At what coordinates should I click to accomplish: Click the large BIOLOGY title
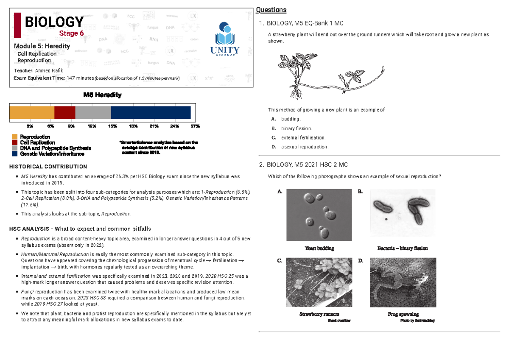pyautogui.click(x=54, y=22)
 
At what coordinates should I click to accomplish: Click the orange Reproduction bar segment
pyautogui.click(x=32, y=112)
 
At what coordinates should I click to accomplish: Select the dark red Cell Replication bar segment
pyautogui.click(x=65, y=112)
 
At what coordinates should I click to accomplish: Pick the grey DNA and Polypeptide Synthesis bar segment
pyautogui.click(x=93, y=112)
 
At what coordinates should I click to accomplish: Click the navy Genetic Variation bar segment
pyautogui.click(x=151, y=112)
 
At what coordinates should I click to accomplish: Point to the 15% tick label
pyautogui.click(x=112, y=126)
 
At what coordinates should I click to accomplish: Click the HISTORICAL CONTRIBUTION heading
pyautogui.click(x=48, y=167)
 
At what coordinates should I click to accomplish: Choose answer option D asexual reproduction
pyautogui.click(x=305, y=147)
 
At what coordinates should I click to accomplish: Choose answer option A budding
pyautogui.click(x=291, y=119)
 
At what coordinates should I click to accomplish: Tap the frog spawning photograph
pyautogui.click(x=403, y=282)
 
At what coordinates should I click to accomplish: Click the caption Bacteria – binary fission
pyautogui.click(x=403, y=248)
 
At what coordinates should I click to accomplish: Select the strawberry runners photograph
pyautogui.click(x=319, y=282)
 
